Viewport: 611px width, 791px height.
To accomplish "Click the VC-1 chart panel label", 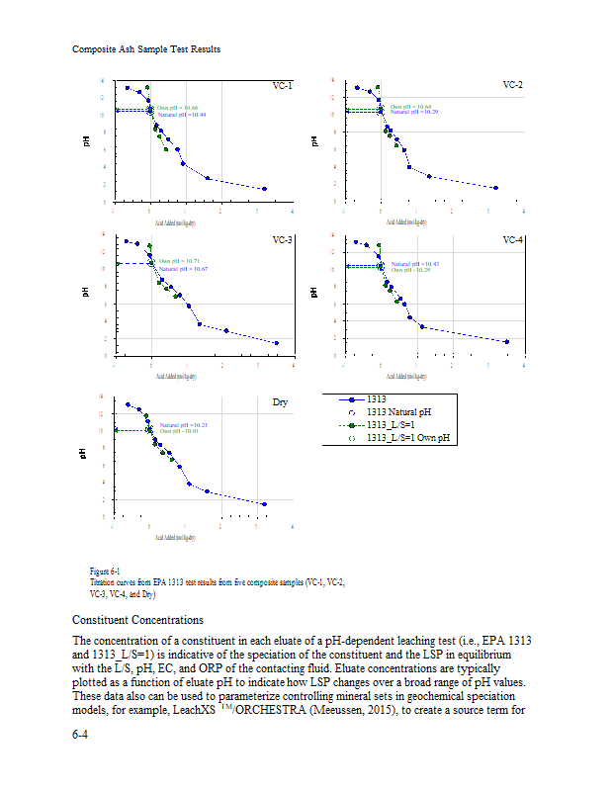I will point(282,86).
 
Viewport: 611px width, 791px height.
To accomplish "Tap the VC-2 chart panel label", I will point(512,86).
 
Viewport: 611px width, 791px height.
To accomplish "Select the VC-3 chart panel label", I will point(282,240).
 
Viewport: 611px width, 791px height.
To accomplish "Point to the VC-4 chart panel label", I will point(512,240).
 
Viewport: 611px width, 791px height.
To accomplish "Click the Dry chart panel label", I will point(280,402).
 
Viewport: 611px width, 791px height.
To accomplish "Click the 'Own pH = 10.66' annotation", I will point(178,107).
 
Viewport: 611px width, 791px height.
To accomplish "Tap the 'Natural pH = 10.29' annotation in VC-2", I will point(413,113).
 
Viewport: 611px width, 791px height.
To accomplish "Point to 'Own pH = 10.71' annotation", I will point(180,261).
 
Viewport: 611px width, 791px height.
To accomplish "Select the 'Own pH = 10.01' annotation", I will point(180,431).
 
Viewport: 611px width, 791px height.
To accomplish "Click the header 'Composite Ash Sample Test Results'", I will point(146,49).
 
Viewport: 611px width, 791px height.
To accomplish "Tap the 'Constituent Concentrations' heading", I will point(138,620).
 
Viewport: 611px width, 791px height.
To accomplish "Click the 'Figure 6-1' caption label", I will point(105,571).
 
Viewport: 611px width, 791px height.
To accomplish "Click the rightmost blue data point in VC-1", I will point(264,189).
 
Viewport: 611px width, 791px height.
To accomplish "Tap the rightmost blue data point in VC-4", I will point(507,342).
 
